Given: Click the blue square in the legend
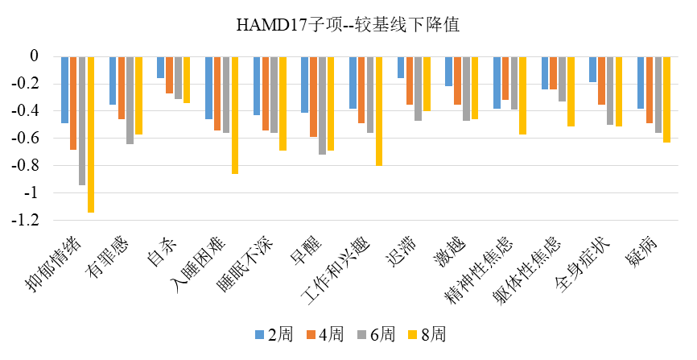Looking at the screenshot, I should (x=259, y=334).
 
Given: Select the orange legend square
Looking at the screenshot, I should (x=311, y=334).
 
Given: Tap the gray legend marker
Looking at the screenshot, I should (x=361, y=334).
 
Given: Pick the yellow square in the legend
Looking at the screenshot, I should (x=412, y=334).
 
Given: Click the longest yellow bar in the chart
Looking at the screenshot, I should (x=91, y=134).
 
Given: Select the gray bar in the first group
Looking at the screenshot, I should (x=82, y=121).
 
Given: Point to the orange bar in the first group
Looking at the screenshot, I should (x=73, y=103).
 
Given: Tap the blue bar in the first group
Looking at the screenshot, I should (x=64, y=89).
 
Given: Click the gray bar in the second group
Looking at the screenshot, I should (x=130, y=100).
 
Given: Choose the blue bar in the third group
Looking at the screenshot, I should (x=161, y=67).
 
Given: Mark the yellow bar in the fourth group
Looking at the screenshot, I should (x=235, y=115).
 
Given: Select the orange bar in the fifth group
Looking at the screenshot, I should (x=266, y=93).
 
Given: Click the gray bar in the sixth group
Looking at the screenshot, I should (x=322, y=106).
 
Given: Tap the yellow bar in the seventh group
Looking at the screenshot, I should (x=378, y=111).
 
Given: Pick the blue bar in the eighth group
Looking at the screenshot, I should (x=401, y=67).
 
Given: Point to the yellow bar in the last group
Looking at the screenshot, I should (x=666, y=99).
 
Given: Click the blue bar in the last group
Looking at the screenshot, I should (x=641, y=82).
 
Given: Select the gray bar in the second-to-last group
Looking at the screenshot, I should (x=610, y=90).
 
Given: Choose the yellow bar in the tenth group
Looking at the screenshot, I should (x=522, y=95).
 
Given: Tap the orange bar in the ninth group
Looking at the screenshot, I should (x=457, y=81).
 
